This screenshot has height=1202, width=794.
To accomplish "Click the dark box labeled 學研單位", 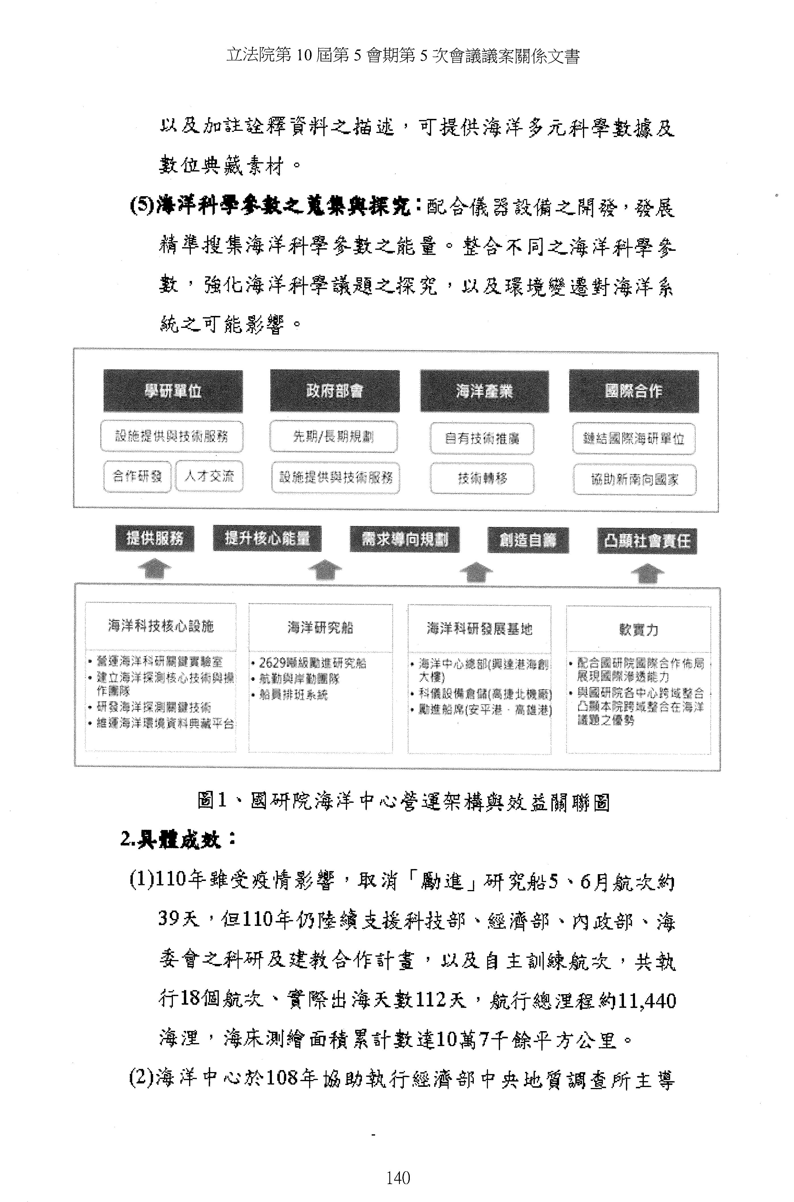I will pos(173,391).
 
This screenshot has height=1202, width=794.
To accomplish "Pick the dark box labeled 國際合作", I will pos(634,391).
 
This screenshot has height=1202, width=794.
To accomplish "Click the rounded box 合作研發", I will pos(137,476).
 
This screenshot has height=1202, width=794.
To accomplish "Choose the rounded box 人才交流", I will pos(209,476).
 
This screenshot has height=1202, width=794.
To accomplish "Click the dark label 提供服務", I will pos(154,538).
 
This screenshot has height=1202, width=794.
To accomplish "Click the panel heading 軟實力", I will pos(638,630).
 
